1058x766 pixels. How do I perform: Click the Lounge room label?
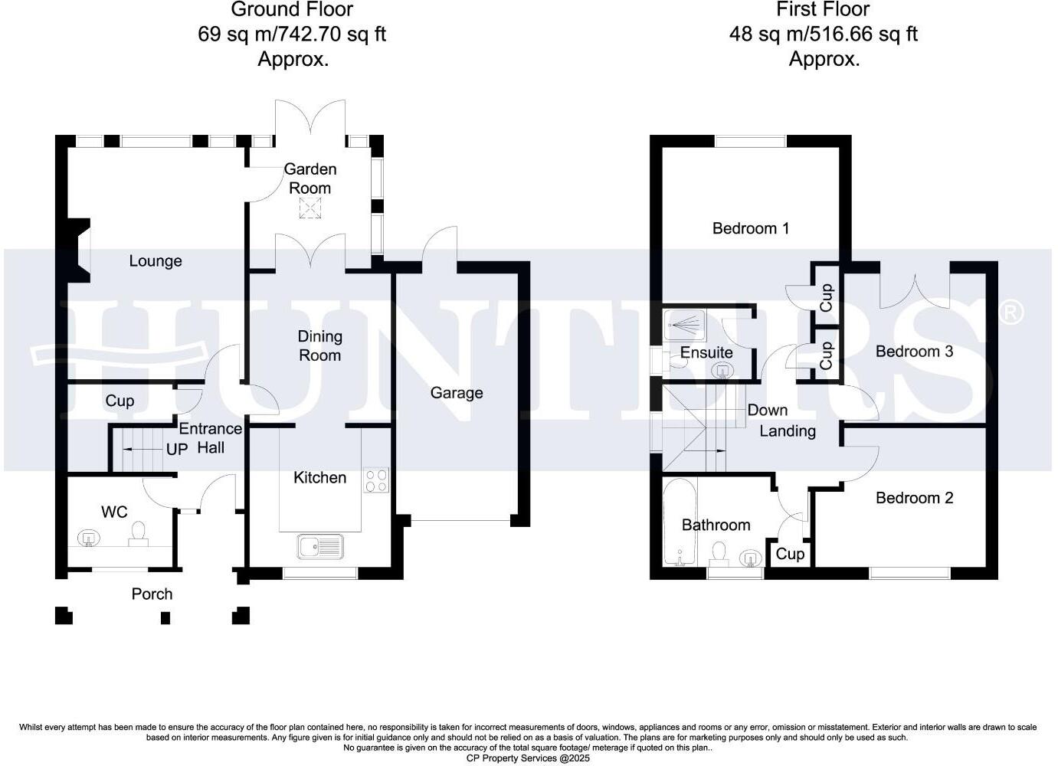pyautogui.click(x=155, y=261)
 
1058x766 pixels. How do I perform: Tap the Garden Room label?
pyautogui.click(x=310, y=178)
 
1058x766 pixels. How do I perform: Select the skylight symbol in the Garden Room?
pyautogui.click(x=310, y=208)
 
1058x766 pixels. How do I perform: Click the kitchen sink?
pyautogui.click(x=320, y=547)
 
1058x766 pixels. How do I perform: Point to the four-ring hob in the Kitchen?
pyautogui.click(x=376, y=480)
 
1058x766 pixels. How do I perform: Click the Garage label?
pyautogui.click(x=457, y=393)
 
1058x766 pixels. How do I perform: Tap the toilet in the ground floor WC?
pyautogui.click(x=139, y=532)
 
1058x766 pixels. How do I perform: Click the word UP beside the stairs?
pyautogui.click(x=177, y=450)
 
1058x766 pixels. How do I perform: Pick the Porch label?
pyautogui.click(x=152, y=594)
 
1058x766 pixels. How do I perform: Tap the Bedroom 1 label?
pyautogui.click(x=750, y=228)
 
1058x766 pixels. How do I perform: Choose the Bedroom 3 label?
pyautogui.click(x=914, y=352)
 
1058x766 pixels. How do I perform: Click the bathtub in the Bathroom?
pyautogui.click(x=679, y=523)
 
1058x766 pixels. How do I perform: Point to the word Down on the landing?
pyautogui.click(x=768, y=410)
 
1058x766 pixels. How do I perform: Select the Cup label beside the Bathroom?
pyautogui.click(x=790, y=554)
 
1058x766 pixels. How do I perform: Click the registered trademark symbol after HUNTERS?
pyautogui.click(x=1011, y=313)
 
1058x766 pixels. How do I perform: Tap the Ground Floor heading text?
pyautogui.click(x=292, y=10)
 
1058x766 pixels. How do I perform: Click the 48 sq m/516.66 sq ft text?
pyautogui.click(x=823, y=34)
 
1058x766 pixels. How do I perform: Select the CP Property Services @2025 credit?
pyautogui.click(x=529, y=758)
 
